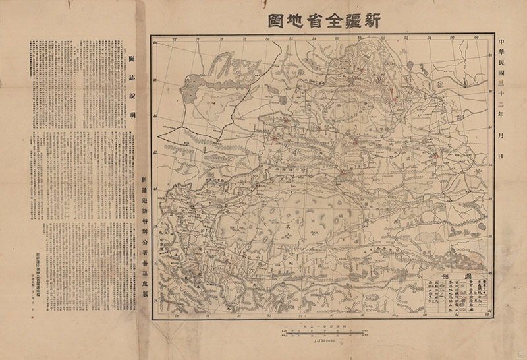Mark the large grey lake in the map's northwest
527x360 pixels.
click(198, 82)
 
